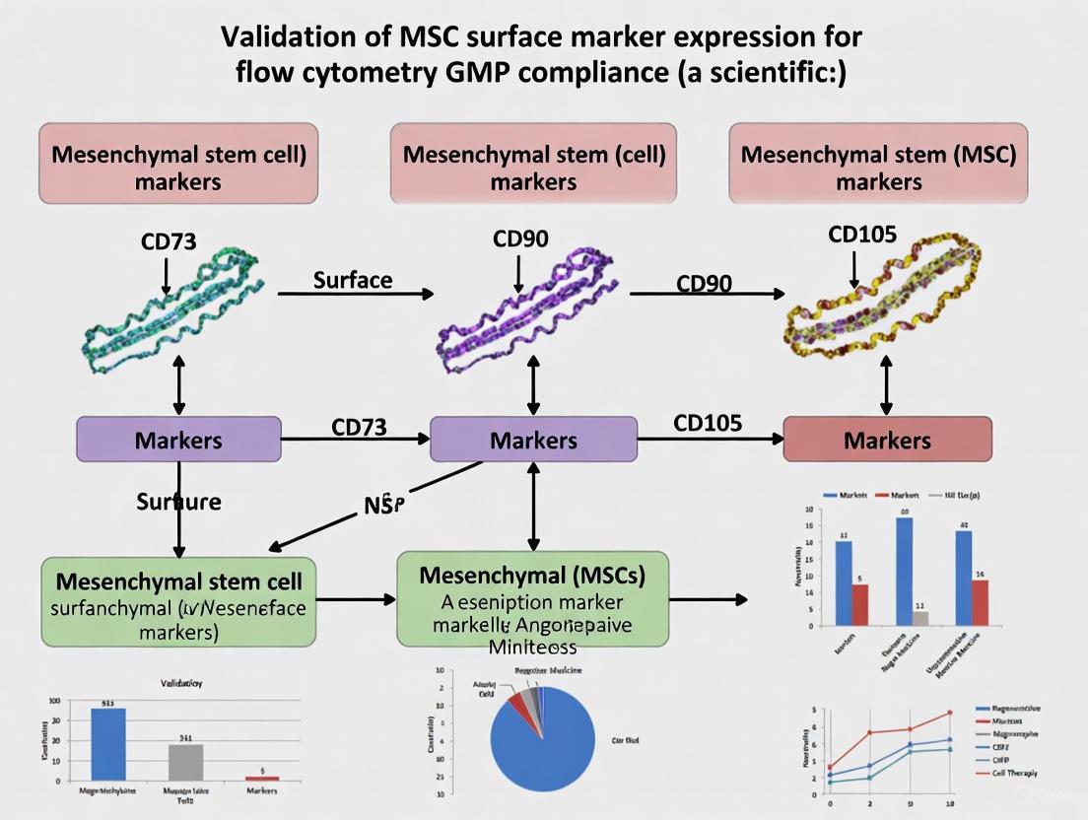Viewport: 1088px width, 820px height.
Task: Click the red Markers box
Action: coord(887,440)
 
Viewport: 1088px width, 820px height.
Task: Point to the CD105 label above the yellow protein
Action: coord(862,234)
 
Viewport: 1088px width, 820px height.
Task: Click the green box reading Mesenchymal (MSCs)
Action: coord(532,599)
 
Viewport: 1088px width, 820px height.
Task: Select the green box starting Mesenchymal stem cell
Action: coord(178,600)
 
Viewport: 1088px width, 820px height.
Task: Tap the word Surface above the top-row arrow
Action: coord(353,280)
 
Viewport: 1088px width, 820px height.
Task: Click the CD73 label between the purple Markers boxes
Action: coord(359,427)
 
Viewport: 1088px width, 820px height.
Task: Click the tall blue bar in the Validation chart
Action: coord(108,743)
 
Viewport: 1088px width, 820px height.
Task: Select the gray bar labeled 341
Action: coord(185,761)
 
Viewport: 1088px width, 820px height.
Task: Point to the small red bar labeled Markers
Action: coord(262,778)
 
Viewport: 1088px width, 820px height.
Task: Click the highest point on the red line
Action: coord(950,712)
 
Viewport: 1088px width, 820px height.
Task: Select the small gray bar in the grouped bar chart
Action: coord(919,618)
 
